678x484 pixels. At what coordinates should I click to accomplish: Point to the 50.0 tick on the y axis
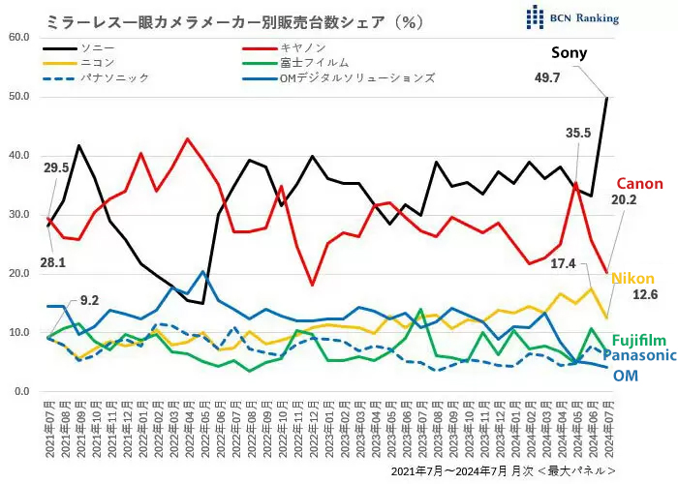[19, 97]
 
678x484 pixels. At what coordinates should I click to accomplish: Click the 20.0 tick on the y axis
[19, 274]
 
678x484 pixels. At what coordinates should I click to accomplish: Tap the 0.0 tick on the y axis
[22, 392]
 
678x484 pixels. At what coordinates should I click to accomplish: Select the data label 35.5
[579, 134]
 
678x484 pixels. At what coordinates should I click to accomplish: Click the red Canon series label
[639, 184]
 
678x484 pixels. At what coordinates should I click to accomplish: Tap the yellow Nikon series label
[633, 278]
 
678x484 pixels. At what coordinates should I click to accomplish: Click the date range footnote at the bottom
[504, 469]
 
